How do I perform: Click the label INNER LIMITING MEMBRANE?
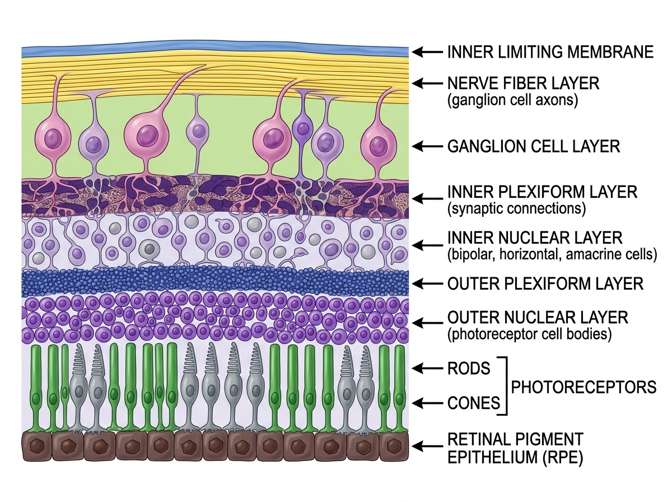(550, 52)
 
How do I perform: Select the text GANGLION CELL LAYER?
(534, 147)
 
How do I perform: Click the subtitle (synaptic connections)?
(516, 209)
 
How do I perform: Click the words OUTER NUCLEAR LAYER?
(538, 318)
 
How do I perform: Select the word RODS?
(469, 368)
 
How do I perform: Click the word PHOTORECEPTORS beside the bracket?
(584, 387)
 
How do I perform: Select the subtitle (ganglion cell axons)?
(512, 101)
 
